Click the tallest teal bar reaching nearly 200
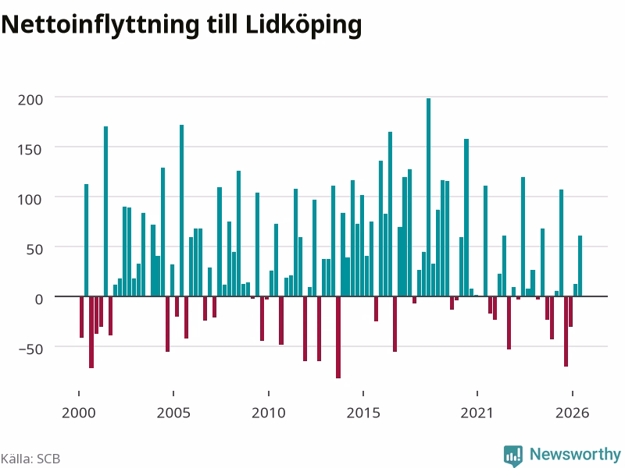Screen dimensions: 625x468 click(x=428, y=197)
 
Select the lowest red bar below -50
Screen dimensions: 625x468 click(x=338, y=338)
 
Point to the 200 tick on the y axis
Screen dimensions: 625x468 click(x=30, y=100)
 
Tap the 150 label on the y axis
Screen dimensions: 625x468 click(x=30, y=150)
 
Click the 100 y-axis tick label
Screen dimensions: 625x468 click(x=30, y=200)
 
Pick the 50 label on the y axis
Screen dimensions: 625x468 click(x=34, y=250)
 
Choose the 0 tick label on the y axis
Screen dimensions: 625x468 click(x=38, y=300)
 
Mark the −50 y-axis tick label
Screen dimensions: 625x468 click(x=30, y=349)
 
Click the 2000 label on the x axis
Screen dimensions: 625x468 click(x=79, y=413)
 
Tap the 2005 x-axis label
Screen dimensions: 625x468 click(x=173, y=413)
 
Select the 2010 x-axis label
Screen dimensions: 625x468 click(x=269, y=413)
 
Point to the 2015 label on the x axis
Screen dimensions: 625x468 click(x=363, y=413)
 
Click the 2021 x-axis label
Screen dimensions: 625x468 click(x=477, y=413)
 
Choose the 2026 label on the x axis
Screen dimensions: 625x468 click(x=572, y=413)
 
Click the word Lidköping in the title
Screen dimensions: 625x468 click(x=303, y=25)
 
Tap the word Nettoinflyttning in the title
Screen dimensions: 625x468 click(x=100, y=25)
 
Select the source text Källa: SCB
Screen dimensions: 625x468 click(x=30, y=459)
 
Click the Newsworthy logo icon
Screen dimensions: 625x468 click(x=513, y=456)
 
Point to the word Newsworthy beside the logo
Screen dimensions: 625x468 click(x=575, y=454)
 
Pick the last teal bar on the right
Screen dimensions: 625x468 click(x=580, y=266)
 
